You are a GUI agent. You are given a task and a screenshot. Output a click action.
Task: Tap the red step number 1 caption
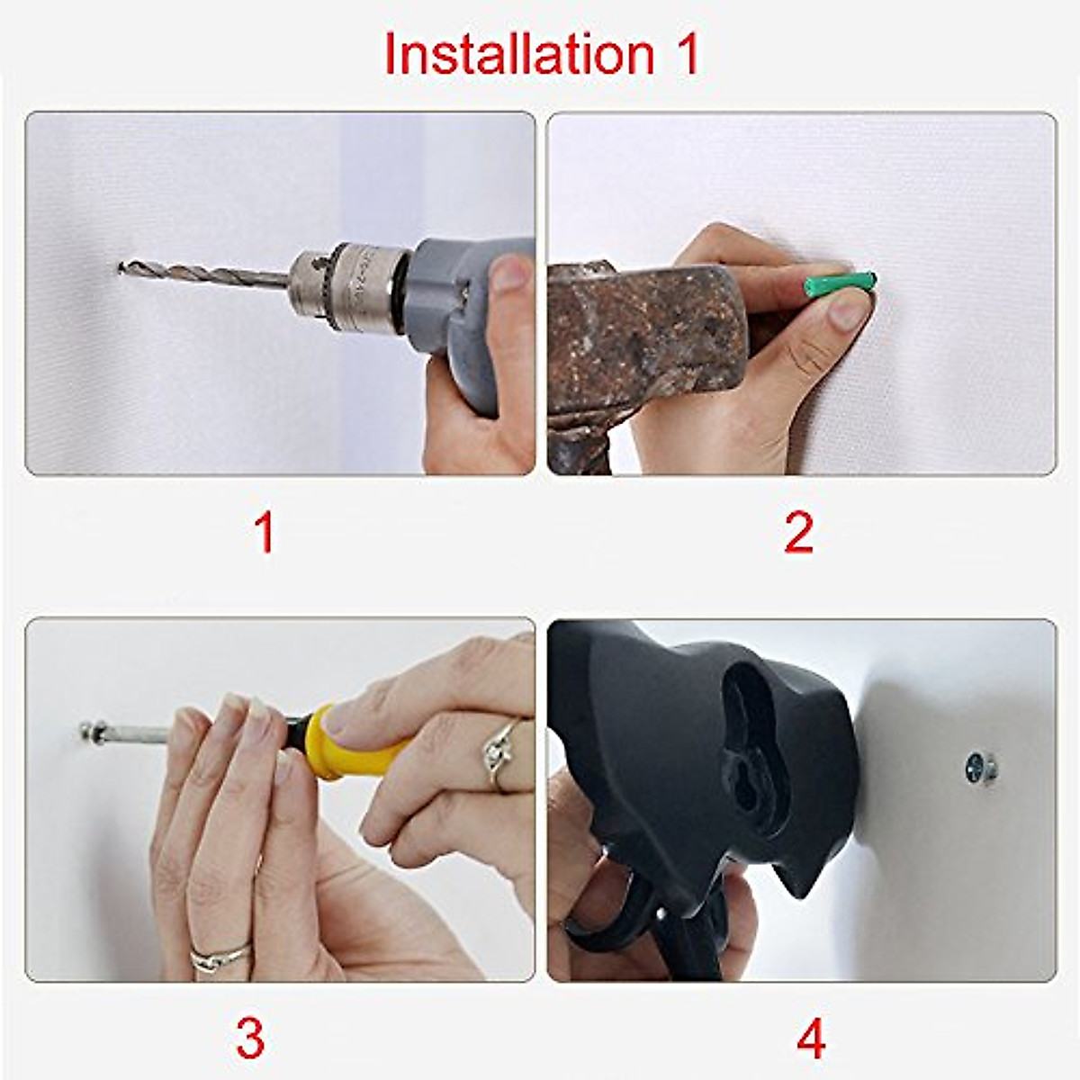(264, 533)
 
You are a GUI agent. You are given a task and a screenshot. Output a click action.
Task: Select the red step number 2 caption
(798, 533)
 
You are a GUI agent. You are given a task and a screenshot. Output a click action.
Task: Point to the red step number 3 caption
(250, 1038)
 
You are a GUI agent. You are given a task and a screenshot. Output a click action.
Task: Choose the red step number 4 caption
(811, 1038)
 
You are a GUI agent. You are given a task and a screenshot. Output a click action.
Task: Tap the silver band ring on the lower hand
(220, 958)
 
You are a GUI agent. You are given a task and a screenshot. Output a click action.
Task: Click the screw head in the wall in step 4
(981, 767)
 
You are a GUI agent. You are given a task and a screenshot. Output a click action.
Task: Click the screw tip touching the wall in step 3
(88, 731)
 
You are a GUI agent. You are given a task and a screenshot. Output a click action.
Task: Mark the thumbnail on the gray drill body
(511, 273)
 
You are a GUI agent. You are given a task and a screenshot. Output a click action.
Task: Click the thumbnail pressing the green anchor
(849, 310)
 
